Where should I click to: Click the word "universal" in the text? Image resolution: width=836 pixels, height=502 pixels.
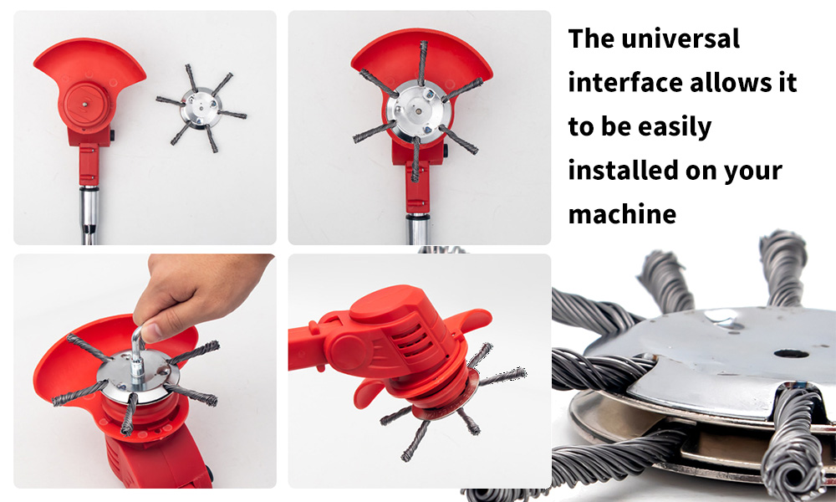tap(681, 38)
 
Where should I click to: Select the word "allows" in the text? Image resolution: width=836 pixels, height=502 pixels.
tap(726, 83)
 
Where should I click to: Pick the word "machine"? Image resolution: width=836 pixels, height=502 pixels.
tap(622, 214)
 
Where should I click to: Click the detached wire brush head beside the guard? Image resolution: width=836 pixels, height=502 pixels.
tap(201, 108)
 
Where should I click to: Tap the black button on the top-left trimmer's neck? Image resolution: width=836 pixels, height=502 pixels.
tap(113, 135)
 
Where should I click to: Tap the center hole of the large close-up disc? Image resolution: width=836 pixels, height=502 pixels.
tap(791, 353)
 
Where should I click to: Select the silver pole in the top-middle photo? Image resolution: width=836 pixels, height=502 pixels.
tap(418, 229)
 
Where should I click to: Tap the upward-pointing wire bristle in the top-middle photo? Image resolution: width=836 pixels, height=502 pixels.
tap(423, 63)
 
